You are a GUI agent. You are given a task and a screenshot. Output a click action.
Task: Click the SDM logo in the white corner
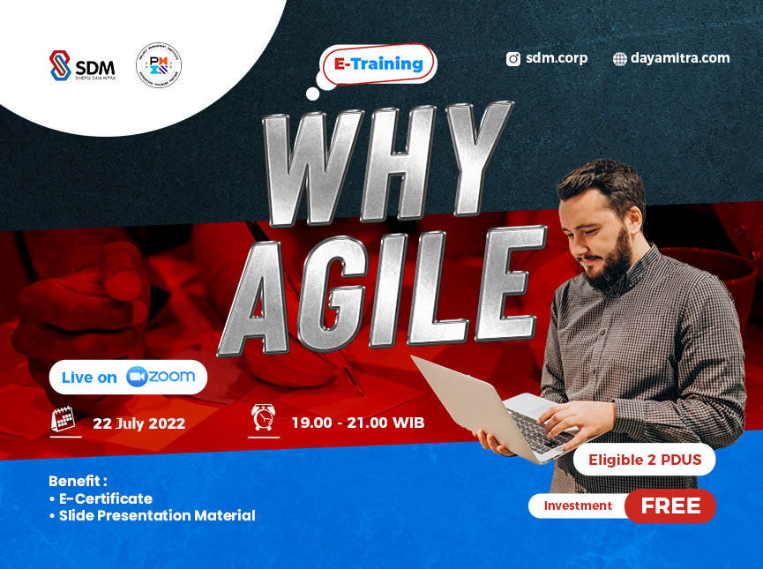point(82,66)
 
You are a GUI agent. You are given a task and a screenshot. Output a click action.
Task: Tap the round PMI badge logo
point(159,65)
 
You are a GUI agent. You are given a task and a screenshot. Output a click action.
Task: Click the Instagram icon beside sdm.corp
point(513,59)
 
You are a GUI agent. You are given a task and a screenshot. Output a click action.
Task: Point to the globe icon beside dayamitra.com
point(620,59)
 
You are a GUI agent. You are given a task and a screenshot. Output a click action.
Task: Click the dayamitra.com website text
point(680,58)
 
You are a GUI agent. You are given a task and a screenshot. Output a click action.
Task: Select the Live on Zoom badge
point(129,377)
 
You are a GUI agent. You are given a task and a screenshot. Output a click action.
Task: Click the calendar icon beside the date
point(64,420)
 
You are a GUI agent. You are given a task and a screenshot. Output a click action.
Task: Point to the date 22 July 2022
point(138,423)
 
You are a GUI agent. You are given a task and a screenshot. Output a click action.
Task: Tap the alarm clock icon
point(263,418)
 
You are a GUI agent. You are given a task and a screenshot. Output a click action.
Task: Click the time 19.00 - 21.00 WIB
point(357,423)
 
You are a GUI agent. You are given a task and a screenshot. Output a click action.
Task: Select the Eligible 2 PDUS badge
point(644,459)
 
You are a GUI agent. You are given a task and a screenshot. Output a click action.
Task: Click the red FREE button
point(670,506)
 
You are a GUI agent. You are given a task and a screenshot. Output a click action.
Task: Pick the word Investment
point(578,505)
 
